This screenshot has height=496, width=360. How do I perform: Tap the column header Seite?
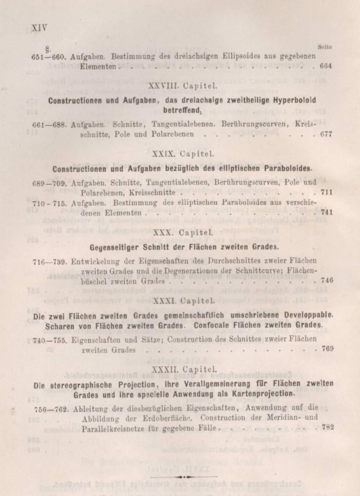pyautogui.click(x=325, y=47)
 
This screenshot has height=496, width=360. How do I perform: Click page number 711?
pyautogui.click(x=326, y=193)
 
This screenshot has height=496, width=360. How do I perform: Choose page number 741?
pyautogui.click(x=326, y=212)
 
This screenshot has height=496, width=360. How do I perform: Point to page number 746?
pyautogui.click(x=327, y=281)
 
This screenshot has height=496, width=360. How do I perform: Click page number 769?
pyautogui.click(x=327, y=348)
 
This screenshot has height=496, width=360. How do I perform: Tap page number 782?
pyautogui.click(x=328, y=427)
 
